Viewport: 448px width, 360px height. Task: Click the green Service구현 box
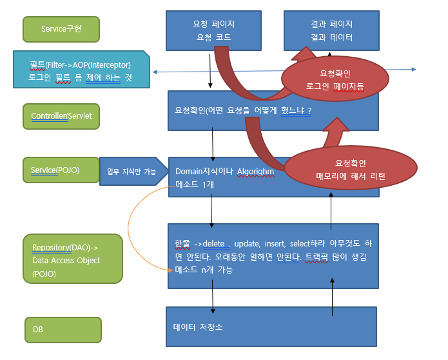(x=61, y=28)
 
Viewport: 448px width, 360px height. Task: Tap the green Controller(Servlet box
(x=61, y=116)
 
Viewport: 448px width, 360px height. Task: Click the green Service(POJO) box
(x=59, y=170)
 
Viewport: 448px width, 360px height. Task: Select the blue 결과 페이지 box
(x=331, y=30)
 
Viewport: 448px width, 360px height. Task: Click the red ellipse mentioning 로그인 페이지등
(x=335, y=79)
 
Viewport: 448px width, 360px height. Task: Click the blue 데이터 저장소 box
(x=271, y=327)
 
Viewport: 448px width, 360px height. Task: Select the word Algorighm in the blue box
(x=256, y=172)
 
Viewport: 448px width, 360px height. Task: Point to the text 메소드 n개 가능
(x=203, y=270)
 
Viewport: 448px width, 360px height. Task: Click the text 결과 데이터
(x=331, y=37)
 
